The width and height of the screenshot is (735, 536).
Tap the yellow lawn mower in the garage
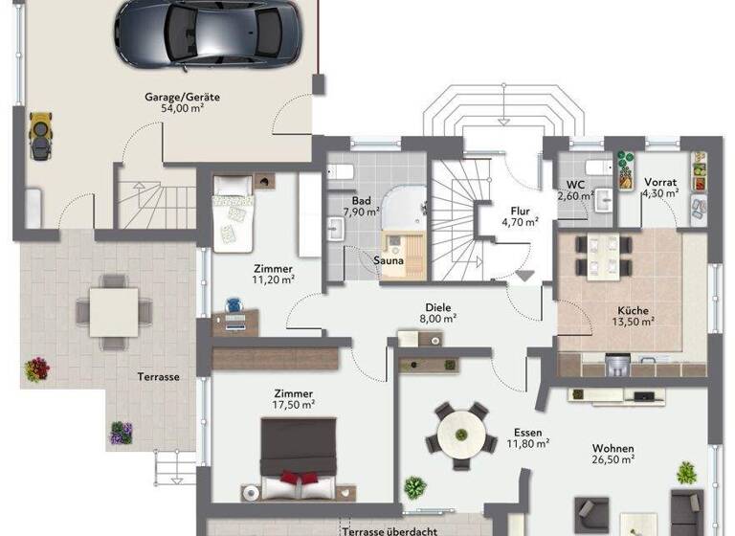[40, 136]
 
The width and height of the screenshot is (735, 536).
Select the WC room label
[576, 184]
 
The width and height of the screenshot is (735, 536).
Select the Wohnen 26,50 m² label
[613, 453]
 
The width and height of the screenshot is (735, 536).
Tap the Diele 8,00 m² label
[440, 313]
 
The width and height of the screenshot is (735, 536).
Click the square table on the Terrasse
[115, 307]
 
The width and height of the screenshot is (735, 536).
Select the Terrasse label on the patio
[158, 376]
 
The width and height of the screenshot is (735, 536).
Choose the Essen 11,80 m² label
[527, 436]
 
